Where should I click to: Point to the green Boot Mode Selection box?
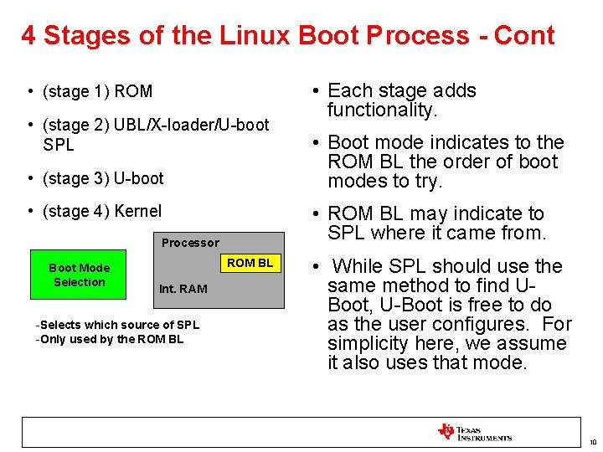[x=79, y=275]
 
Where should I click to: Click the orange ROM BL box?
[x=250, y=263]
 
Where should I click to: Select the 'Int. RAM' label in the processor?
[x=183, y=289]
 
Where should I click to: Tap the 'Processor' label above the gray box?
[x=190, y=243]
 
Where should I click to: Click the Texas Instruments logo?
[x=474, y=432]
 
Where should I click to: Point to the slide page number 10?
[x=592, y=442]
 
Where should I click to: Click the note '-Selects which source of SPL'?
[x=117, y=325]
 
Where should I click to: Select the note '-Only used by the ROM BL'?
[x=109, y=339]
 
